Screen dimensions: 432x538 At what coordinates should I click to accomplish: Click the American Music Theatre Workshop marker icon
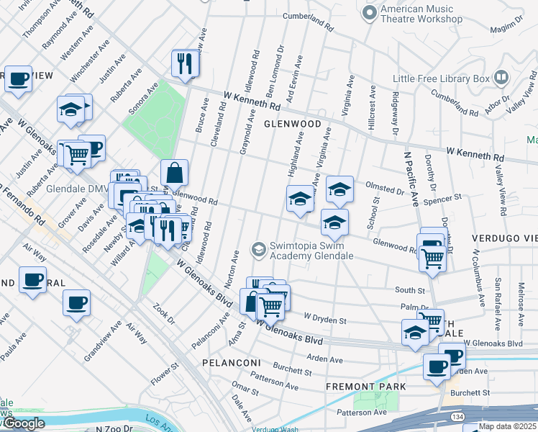370,13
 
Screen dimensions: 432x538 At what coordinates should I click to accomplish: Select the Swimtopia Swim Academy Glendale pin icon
258,250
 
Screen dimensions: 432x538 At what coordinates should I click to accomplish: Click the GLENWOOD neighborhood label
292,124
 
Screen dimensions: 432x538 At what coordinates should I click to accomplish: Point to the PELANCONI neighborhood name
229,361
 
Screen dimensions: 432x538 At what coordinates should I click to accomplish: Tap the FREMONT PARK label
365,387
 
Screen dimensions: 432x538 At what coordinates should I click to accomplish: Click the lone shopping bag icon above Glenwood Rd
174,173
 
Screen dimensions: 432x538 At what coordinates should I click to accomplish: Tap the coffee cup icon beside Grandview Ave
76,303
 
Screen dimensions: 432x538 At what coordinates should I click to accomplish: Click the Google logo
23,423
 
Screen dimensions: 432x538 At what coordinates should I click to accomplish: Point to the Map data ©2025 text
506,426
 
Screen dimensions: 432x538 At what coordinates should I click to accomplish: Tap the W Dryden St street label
325,318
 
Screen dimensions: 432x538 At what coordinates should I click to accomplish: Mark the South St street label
409,290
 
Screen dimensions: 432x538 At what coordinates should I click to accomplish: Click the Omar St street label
244,390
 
